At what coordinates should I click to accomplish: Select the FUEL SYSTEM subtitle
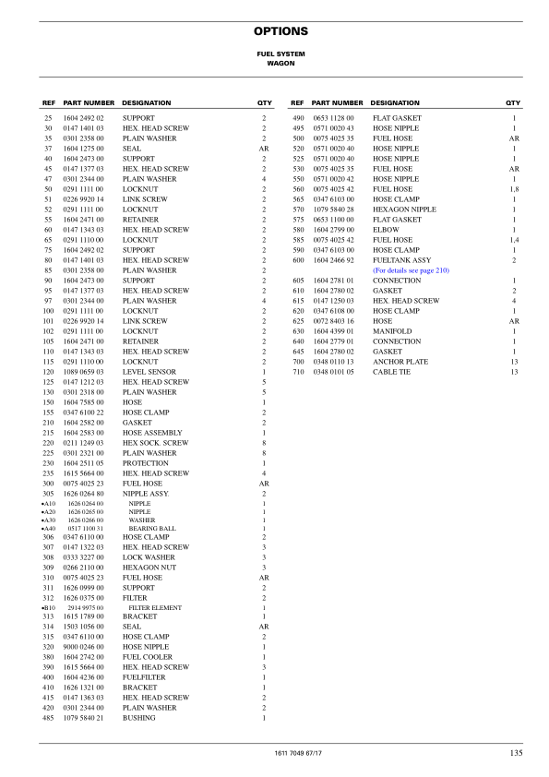[x=274, y=54]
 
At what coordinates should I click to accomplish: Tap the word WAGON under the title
[x=274, y=65]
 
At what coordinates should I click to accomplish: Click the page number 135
[x=516, y=753]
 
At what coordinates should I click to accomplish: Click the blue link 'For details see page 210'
[x=411, y=270]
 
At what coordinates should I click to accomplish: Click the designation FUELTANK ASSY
[x=401, y=260]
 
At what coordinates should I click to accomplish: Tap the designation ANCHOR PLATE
[x=400, y=362]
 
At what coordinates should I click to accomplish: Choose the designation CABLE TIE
[x=391, y=372]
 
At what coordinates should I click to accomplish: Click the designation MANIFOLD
[x=392, y=331]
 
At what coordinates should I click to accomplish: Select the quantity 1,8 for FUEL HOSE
[x=514, y=189]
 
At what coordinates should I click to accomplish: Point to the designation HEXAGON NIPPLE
[x=404, y=209]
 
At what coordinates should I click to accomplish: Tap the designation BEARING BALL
[x=152, y=528]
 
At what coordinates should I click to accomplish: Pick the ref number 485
[x=48, y=717]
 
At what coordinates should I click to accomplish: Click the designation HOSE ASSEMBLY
[x=152, y=433]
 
